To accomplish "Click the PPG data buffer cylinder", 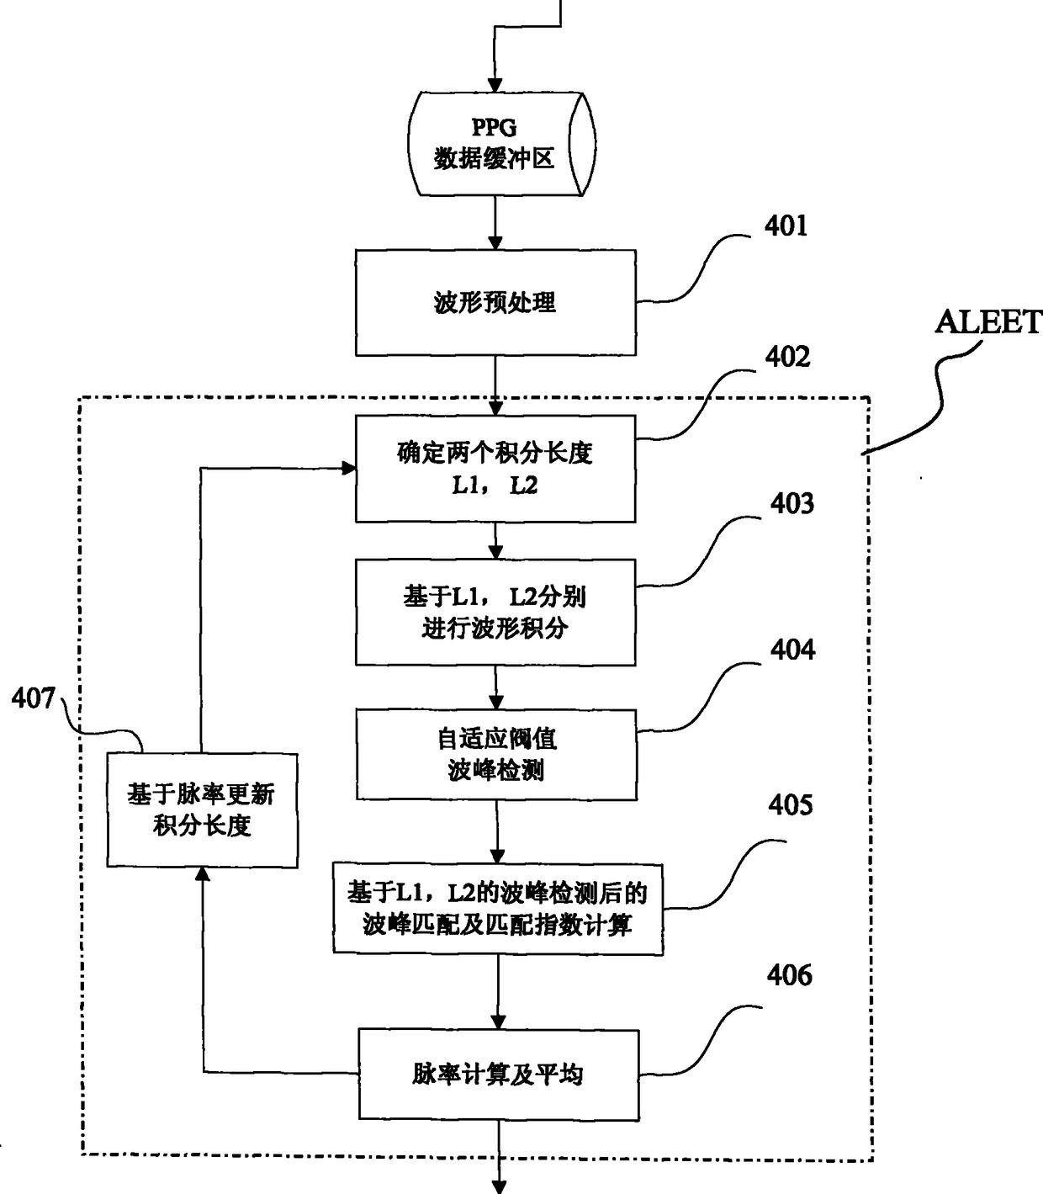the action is [501, 144].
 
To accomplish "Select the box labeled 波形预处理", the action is [495, 303].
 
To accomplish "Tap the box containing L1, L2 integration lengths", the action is [495, 469].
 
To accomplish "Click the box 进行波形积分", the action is [495, 613].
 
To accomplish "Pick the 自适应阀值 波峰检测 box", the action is [496, 755].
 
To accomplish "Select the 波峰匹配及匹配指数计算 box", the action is [498, 909].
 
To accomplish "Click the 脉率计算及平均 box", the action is [499, 1075].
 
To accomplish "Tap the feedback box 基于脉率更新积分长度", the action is [202, 810].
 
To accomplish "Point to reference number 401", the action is [786, 226].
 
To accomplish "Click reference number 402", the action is [787, 357].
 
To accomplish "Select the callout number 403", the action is [792, 504].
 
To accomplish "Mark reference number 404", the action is [792, 650].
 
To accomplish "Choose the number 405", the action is [791, 805].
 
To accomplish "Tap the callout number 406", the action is [789, 975].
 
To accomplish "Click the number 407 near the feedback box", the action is [34, 698].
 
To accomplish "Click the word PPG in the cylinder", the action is [494, 127].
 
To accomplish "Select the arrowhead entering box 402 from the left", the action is [349, 468].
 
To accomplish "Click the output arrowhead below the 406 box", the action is [500, 1186].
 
